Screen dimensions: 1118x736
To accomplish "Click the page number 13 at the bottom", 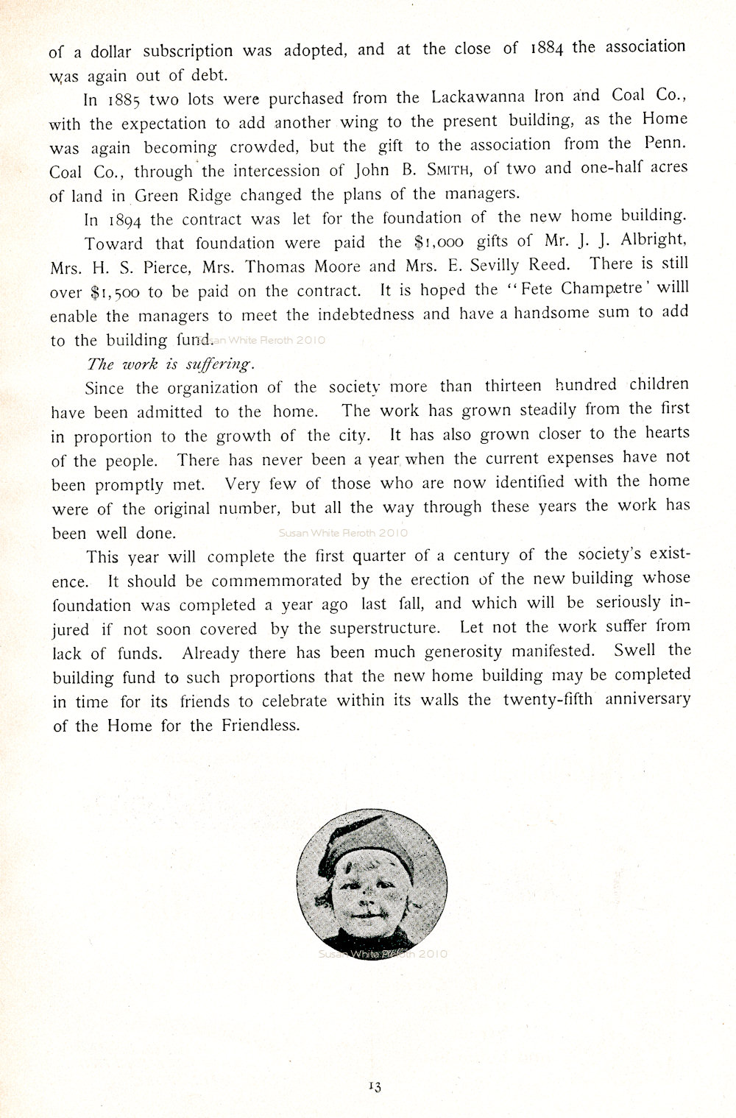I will (x=374, y=1085).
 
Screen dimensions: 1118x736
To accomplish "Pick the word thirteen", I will (x=512, y=386).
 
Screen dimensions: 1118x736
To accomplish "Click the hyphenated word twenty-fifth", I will (x=549, y=698).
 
